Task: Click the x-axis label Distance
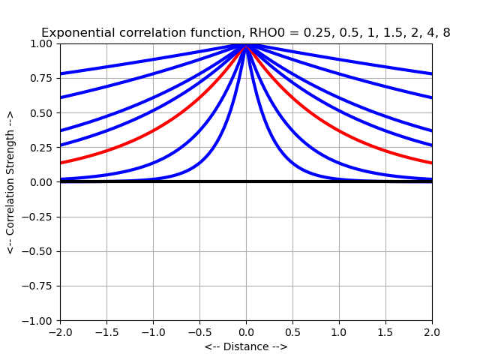246,346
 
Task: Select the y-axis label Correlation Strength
10,182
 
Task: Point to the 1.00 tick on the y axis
42,43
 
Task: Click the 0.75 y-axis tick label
42,78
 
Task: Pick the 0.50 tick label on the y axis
42,112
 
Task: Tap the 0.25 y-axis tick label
42,148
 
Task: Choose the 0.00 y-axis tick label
42,182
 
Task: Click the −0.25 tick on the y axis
39,217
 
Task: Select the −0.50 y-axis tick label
39,251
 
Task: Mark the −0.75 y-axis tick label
39,286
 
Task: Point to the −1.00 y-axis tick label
39,320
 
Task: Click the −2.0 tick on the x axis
60,331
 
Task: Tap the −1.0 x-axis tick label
153,331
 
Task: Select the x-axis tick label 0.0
246,331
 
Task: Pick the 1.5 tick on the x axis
385,331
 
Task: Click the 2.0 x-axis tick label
432,331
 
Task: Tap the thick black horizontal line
150,181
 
